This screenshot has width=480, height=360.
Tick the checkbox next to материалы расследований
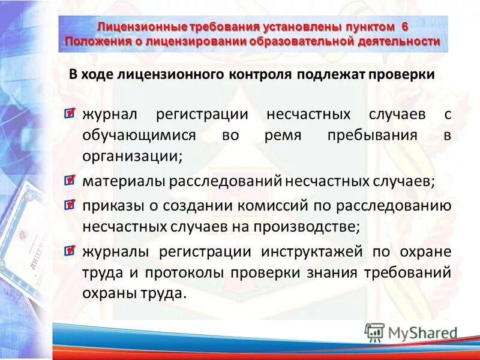pos(70,180)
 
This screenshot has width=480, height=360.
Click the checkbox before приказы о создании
pos(70,205)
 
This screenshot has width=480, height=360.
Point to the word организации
pos(132,155)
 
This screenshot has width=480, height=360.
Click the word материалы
pos(124,181)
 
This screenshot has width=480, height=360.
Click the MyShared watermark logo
pos(411,332)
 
